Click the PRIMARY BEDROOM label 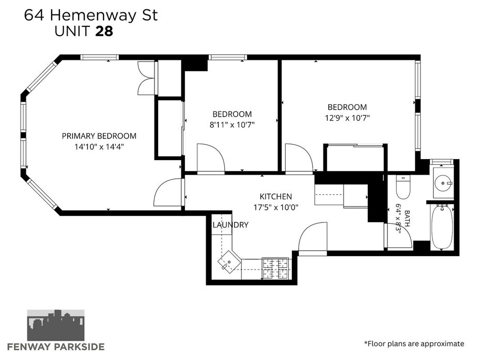99,136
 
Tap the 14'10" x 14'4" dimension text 99,147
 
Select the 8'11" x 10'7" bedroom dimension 232,125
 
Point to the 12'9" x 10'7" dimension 347,118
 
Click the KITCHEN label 275,197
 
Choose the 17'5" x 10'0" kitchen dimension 275,208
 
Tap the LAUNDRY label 230,225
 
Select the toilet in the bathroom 403,187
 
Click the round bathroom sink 443,183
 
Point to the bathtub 442,227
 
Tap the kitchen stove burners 275,268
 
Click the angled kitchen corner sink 229,261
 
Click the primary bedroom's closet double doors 146,78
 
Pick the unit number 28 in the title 104,31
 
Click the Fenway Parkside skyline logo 56,325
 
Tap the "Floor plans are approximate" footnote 414,344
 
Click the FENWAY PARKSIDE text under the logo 56,347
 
